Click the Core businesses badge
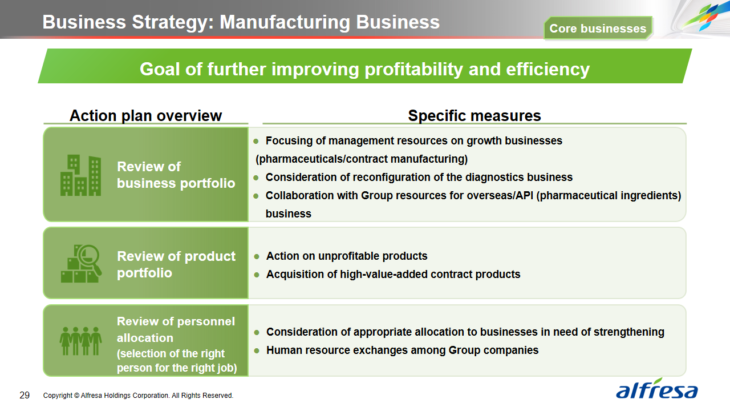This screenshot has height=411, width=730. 598,29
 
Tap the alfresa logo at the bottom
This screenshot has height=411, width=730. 656,389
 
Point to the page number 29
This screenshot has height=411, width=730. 25,396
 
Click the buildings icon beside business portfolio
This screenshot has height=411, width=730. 80,175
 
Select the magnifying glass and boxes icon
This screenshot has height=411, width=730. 81,264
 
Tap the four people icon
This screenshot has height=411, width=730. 80,341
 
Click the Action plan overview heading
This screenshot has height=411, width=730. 145,115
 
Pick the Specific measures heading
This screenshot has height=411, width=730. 474,115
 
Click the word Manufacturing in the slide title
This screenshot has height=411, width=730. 285,22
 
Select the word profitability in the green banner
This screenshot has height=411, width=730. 413,70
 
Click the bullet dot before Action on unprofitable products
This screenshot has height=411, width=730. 257,257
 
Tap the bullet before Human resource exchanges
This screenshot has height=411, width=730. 257,350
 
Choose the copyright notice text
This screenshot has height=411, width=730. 138,396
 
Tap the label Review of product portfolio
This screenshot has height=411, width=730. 176,264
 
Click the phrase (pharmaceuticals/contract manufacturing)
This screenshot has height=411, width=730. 362,159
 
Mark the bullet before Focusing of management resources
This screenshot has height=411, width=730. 256,141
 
